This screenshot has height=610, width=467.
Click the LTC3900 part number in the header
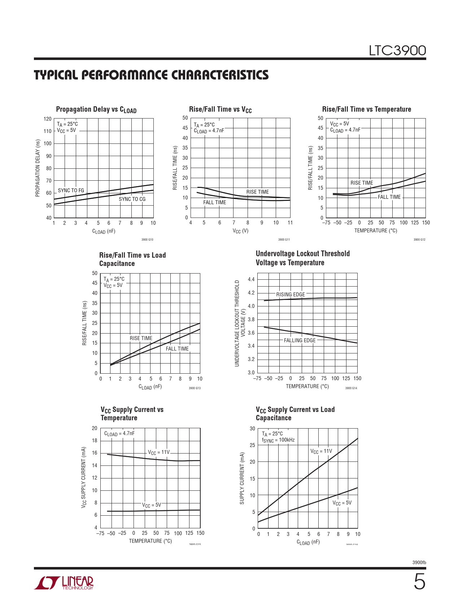397,51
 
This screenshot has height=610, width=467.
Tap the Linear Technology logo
64,583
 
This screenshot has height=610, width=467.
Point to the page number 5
419,582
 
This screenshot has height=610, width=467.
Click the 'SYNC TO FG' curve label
71,190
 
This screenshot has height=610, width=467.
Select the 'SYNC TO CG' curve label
132,199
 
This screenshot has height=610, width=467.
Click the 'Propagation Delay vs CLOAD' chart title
96,109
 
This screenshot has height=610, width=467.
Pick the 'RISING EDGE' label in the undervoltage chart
291,295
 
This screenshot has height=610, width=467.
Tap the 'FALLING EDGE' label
300,340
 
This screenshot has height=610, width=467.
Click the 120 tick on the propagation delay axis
47,119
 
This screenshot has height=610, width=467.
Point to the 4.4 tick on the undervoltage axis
251,279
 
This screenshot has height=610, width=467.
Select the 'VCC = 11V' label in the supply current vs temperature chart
158,452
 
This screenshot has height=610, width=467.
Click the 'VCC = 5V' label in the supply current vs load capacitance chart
342,503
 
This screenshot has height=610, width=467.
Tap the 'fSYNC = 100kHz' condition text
278,440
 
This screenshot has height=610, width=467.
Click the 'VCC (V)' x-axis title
240,231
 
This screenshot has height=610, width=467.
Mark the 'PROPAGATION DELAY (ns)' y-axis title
38,168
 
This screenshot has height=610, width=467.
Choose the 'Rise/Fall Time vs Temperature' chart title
366,109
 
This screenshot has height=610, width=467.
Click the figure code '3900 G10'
147,240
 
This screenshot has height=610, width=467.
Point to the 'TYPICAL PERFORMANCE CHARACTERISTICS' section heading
151,75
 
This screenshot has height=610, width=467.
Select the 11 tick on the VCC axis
290,223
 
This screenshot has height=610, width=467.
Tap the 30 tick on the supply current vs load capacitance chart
252,429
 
